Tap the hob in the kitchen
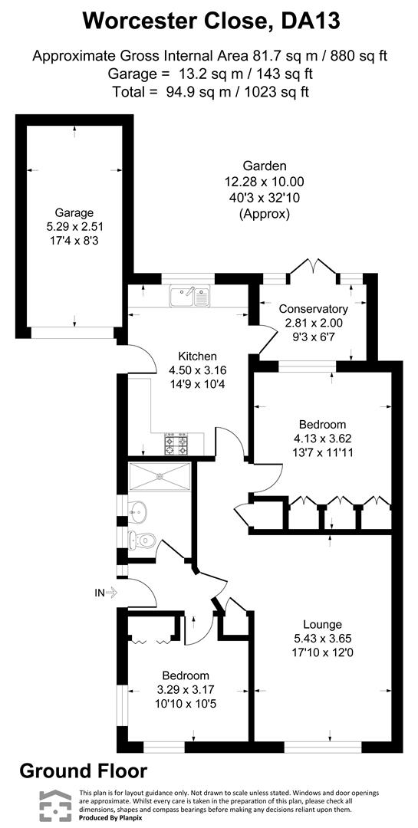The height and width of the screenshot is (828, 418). tap(176, 443)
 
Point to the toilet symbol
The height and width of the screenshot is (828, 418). tap(143, 540)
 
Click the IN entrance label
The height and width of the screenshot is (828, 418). tap(99, 592)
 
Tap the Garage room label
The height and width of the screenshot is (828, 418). tap(74, 212)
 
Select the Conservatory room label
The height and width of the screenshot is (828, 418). tap(314, 308)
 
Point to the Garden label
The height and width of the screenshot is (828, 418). tap(265, 166)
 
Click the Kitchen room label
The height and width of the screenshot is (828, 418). tap(198, 356)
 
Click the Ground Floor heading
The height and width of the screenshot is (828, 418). tap(83, 770)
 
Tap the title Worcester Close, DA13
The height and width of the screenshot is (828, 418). tap(209, 21)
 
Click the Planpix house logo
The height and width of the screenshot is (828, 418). tap(54, 805)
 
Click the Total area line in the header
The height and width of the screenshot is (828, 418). tap(209, 91)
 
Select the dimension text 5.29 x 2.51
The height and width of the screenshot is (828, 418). tap(74, 227)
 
